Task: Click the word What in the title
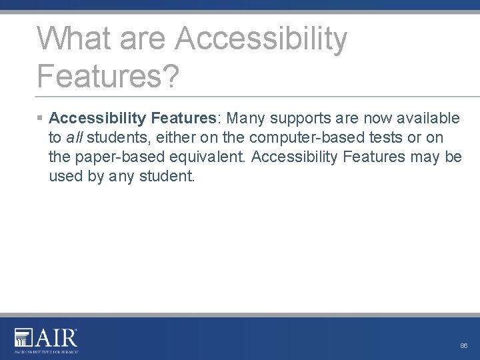point(73,38)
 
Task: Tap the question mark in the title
point(171,75)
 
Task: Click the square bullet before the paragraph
point(40,118)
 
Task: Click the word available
point(428,118)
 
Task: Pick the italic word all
point(74,137)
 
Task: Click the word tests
point(384,137)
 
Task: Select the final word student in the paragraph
point(167,177)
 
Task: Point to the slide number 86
point(464,346)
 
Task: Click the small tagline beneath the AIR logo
point(47,350)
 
